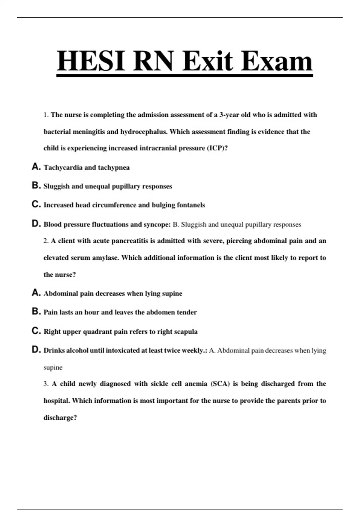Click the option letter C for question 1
[x=36, y=204]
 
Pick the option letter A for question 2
[x=36, y=293]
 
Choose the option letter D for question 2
[x=36, y=349]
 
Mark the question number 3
[x=46, y=384]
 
